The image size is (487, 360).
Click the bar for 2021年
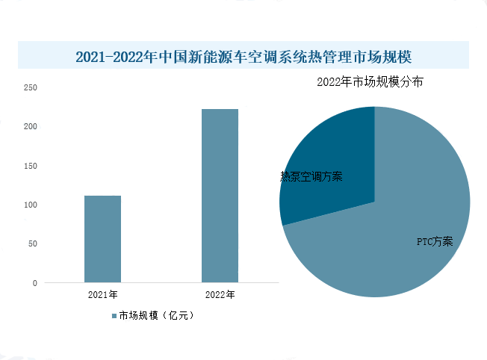(102, 239)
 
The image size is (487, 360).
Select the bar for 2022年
(220, 196)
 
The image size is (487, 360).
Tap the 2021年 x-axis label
(102, 294)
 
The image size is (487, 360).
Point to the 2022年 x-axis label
(220, 294)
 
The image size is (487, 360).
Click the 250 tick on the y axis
(31, 87)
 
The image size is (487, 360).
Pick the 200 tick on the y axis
(31, 126)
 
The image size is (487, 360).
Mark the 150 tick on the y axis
(31, 166)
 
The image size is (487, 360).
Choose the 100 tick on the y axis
(31, 205)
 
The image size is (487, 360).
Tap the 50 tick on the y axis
(33, 243)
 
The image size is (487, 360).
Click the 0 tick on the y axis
(35, 283)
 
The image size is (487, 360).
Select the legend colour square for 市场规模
(114, 316)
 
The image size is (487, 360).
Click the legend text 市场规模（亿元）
(156, 316)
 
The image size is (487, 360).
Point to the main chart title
(243, 57)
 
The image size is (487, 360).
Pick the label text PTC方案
(434, 241)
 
